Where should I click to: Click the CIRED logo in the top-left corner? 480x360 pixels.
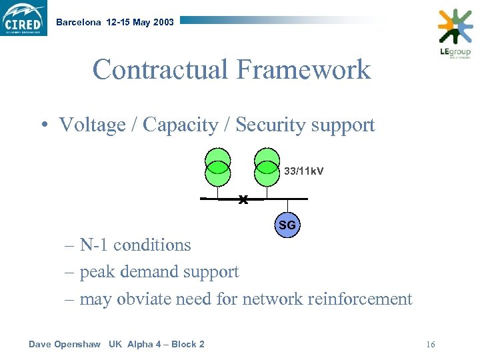pyautogui.click(x=24, y=18)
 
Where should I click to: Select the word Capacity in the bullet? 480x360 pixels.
pyautogui.click(x=180, y=125)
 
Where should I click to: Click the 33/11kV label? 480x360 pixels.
pyautogui.click(x=304, y=171)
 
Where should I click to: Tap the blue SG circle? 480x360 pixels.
pyautogui.click(x=287, y=225)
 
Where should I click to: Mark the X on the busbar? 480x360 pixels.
pyautogui.click(x=243, y=199)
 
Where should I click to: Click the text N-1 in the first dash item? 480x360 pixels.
pyautogui.click(x=94, y=245)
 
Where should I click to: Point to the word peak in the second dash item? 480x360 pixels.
pyautogui.click(x=96, y=272)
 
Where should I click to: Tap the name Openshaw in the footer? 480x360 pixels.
pyautogui.click(x=78, y=344)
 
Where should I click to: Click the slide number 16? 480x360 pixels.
pyautogui.click(x=430, y=345)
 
